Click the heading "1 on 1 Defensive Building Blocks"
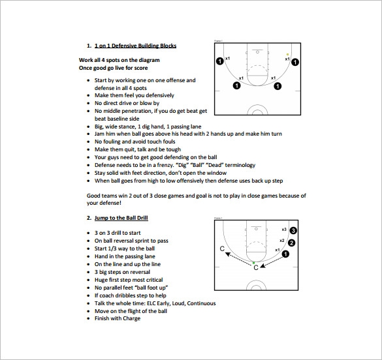point(135,46)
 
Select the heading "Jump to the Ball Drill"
point(121,217)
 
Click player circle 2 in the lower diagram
point(291,243)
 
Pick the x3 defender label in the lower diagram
point(284,229)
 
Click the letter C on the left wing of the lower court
point(223,249)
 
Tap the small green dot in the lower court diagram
point(254,263)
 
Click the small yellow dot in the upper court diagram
point(287,55)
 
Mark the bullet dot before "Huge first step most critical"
point(89,280)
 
